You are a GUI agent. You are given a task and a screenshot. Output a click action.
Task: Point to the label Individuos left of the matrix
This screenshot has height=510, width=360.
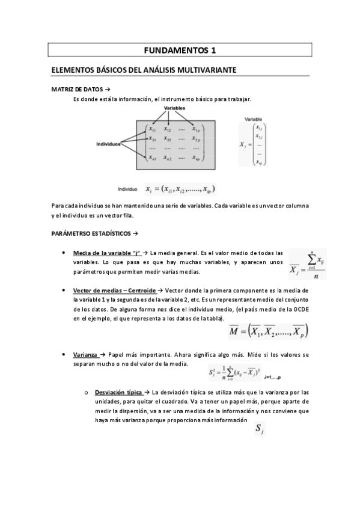pos(109,144)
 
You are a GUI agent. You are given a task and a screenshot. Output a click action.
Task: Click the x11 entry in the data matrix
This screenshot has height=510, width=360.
pos(153,129)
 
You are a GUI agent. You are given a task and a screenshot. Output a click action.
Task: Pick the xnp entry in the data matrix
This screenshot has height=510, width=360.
pos(197,158)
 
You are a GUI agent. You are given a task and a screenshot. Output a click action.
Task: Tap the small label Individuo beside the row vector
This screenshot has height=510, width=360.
pos(128,188)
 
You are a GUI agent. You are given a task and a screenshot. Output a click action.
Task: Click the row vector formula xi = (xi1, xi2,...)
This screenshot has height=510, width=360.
pos(180,189)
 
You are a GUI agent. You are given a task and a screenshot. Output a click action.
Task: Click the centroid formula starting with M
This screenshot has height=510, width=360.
pos(269,331)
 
